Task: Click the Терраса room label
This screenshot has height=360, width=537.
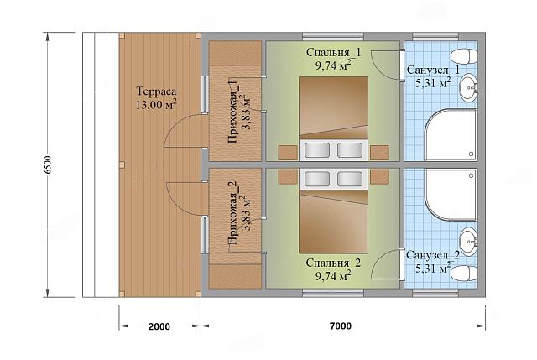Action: click(x=157, y=91)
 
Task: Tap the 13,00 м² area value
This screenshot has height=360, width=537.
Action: click(x=156, y=104)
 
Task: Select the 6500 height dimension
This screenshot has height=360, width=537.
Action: click(x=48, y=164)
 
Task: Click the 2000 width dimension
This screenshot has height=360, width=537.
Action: click(x=159, y=326)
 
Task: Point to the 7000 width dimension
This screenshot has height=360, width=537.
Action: click(x=341, y=326)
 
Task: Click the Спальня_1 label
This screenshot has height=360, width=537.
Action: click(x=333, y=52)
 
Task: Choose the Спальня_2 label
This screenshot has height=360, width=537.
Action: click(x=333, y=263)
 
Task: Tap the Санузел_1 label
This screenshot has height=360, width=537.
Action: click(x=433, y=70)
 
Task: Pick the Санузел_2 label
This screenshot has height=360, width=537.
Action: click(x=433, y=256)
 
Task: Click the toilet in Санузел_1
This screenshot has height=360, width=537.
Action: click(x=464, y=56)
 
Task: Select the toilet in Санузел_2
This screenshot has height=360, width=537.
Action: click(x=464, y=273)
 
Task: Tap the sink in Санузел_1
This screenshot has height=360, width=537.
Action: click(x=468, y=88)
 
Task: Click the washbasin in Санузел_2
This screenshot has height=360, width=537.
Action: click(x=468, y=242)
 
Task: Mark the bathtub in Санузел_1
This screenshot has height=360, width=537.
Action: click(x=451, y=135)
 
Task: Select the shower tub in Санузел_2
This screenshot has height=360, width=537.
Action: click(x=451, y=195)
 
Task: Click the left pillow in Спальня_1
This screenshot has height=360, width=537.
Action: click(x=317, y=150)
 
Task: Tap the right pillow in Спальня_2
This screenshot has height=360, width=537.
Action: click(x=350, y=179)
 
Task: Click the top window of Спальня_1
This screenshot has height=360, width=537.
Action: click(x=333, y=36)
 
